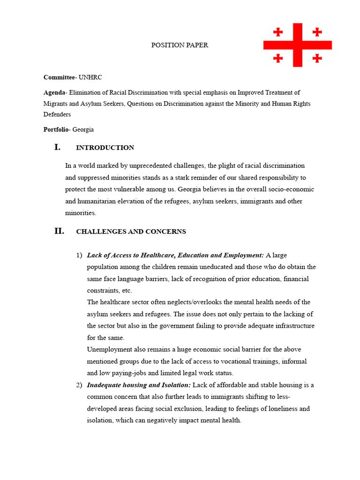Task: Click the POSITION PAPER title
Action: (180, 45)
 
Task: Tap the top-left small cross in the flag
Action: (278, 32)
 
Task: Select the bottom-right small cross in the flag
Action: (317, 58)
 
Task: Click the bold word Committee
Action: (60, 77)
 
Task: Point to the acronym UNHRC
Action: (90, 77)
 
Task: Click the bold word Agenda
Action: (54, 92)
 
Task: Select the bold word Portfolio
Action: (56, 129)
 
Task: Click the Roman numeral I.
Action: (57, 147)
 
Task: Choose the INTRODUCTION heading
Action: (105, 148)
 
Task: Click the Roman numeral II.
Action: (59, 231)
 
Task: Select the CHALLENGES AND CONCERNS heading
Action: (131, 232)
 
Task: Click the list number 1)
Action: (79, 255)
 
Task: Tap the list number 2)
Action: (79, 385)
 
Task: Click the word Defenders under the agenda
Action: (57, 114)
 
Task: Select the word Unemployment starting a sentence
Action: (108, 349)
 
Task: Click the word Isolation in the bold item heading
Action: (174, 385)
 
